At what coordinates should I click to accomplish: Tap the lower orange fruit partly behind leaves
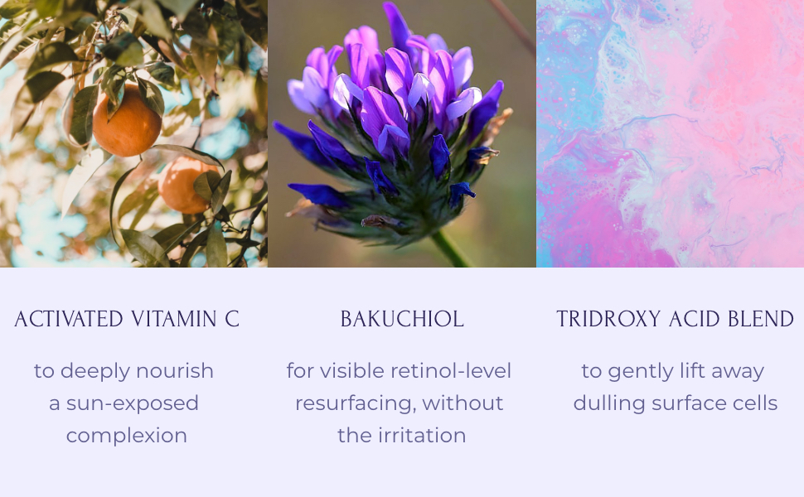184,185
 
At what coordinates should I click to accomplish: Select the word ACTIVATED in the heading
69,320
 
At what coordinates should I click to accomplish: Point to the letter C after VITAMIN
232,320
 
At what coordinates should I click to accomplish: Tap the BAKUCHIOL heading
402,320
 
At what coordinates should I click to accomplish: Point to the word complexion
126,436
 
